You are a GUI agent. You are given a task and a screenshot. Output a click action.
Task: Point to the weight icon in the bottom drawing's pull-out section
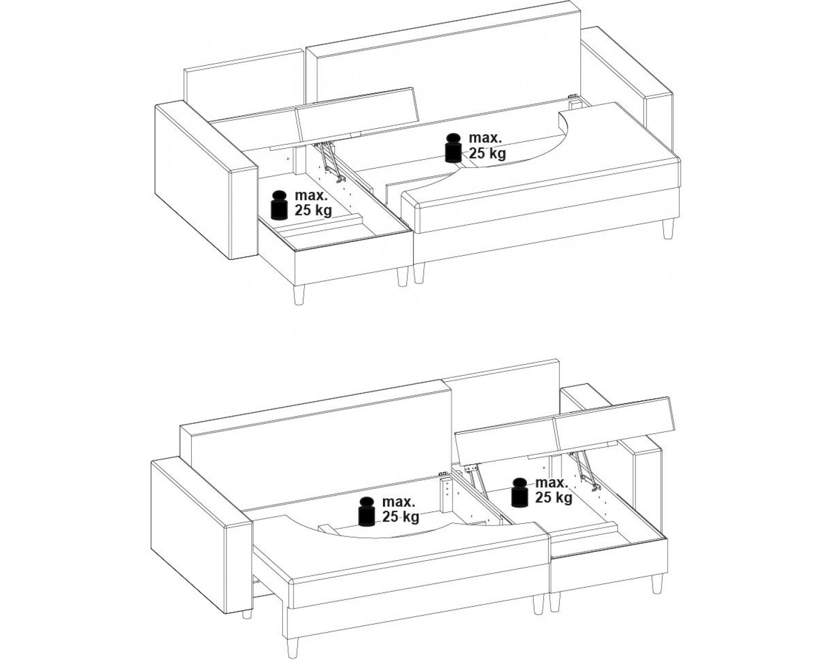click(x=367, y=512)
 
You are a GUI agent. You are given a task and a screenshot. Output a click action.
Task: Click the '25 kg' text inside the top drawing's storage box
click(x=313, y=211)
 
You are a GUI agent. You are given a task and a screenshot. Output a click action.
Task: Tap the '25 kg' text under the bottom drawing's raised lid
click(x=554, y=498)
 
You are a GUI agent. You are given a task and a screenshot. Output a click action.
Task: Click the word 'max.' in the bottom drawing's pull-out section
click(x=398, y=502)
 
